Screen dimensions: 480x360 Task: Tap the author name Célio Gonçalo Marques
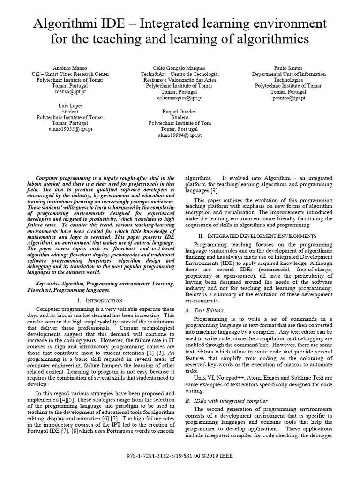click(180, 68)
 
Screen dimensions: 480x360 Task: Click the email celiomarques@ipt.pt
click(180, 98)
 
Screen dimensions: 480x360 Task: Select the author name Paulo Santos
click(288, 68)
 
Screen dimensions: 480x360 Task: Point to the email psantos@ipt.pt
click(288, 98)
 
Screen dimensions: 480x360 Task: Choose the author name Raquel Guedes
click(180, 112)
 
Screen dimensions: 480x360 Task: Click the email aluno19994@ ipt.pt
click(180, 135)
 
